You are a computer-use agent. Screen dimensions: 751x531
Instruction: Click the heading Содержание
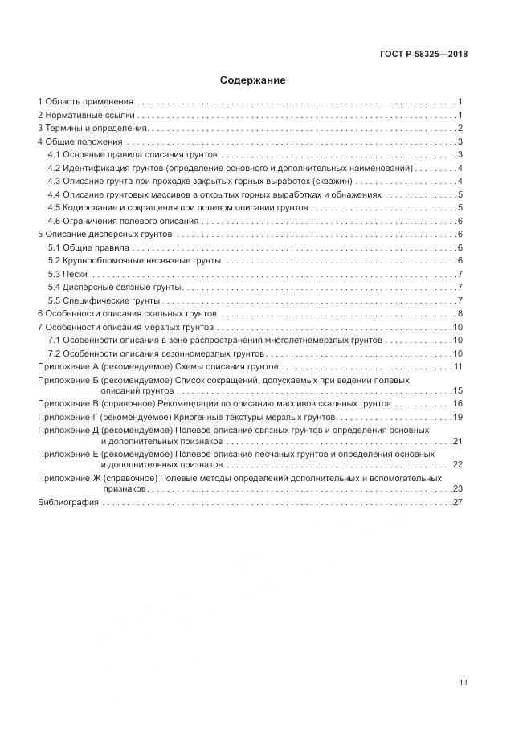(x=253, y=80)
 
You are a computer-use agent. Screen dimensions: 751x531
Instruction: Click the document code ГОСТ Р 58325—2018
(x=423, y=55)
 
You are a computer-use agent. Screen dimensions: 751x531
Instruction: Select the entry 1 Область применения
(x=85, y=102)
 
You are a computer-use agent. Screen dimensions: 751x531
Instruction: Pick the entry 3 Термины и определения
(x=92, y=129)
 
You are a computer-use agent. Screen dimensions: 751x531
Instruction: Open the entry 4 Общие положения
(x=80, y=142)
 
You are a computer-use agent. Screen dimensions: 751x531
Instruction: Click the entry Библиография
(x=68, y=503)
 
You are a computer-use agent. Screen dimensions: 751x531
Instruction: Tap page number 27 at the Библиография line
(x=458, y=503)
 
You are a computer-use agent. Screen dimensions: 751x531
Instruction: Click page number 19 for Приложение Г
(x=458, y=417)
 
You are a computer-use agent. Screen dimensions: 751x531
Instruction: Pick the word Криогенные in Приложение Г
(x=200, y=417)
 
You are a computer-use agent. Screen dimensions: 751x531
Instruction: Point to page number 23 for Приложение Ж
(x=458, y=488)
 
